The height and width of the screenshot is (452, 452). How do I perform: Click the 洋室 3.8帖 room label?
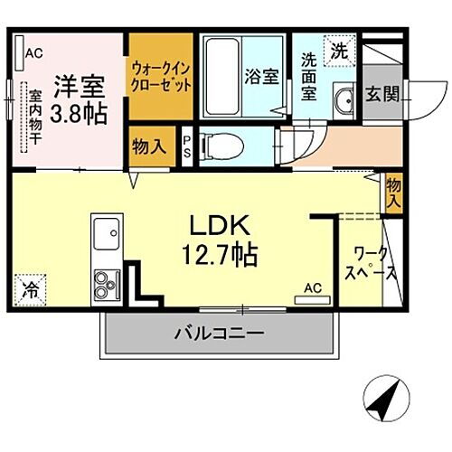point(79,99)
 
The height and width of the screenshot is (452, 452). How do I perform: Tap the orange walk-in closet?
point(160,77)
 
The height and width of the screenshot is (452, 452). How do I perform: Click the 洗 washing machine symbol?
point(336,49)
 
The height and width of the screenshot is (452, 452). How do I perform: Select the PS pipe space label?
point(187,146)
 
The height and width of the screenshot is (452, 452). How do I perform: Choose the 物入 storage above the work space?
point(393,193)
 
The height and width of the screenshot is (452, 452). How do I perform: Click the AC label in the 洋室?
point(33,52)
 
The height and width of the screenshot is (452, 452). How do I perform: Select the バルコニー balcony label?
point(220,334)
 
